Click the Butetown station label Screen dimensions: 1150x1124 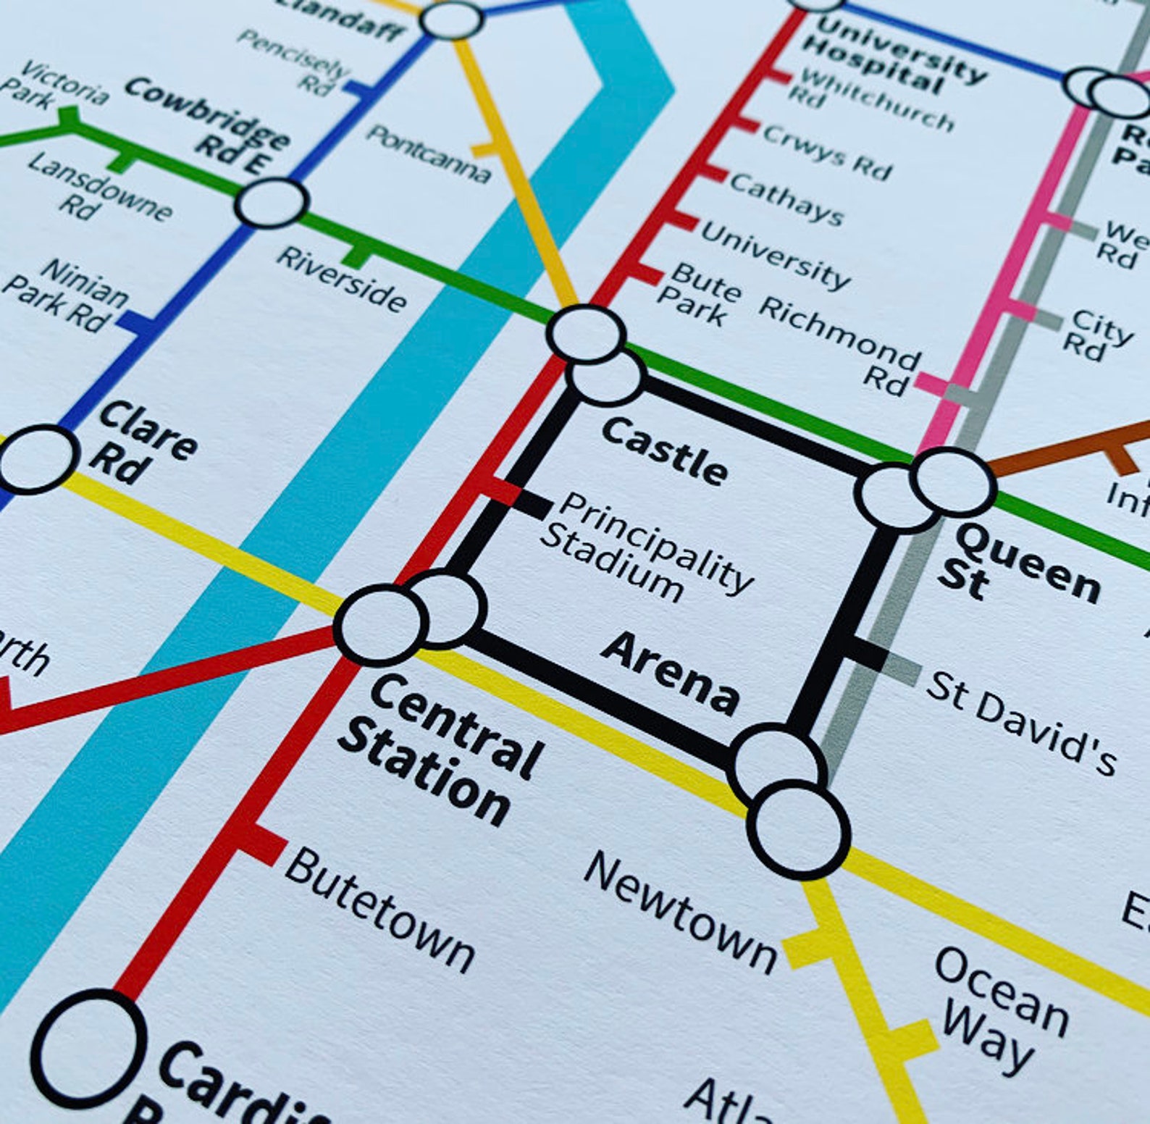(379, 910)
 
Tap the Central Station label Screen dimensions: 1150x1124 (440, 750)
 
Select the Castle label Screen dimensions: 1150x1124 (664, 450)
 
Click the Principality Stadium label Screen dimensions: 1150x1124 (645, 548)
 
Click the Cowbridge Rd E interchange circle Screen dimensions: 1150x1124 (271, 203)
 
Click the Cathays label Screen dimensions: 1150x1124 (786, 198)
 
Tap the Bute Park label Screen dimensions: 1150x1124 (697, 293)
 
